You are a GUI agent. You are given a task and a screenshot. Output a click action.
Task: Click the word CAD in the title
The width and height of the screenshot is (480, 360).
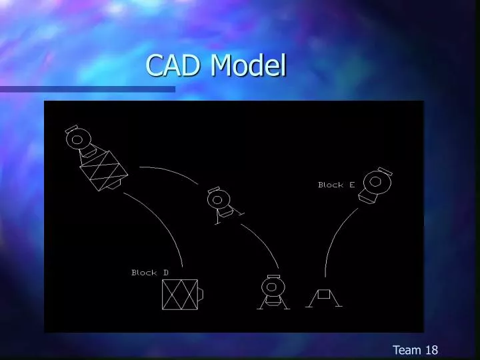click(x=175, y=65)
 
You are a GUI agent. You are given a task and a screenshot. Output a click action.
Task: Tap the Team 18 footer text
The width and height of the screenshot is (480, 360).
click(x=415, y=350)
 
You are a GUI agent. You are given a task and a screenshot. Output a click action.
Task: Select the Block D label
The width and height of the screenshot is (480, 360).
click(x=150, y=273)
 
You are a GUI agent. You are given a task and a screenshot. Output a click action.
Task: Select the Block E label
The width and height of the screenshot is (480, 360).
click(x=336, y=185)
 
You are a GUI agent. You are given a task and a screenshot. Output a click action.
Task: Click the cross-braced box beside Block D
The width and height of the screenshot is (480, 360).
click(x=180, y=294)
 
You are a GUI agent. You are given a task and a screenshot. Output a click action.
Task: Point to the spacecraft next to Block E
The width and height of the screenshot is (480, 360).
click(x=375, y=185)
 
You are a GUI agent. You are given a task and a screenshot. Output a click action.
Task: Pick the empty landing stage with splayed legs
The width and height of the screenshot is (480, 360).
click(x=324, y=297)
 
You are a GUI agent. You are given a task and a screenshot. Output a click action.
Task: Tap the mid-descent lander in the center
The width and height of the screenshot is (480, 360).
click(x=220, y=204)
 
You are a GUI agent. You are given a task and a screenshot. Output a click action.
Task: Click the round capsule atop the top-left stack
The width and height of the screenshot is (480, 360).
click(x=77, y=139)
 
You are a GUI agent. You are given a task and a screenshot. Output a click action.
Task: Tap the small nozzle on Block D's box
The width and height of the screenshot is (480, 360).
click(x=201, y=294)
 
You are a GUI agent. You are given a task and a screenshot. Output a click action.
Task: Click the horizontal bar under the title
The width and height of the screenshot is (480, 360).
click(x=87, y=89)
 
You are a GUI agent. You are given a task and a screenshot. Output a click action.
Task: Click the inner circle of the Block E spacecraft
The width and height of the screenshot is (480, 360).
click(x=375, y=181)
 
